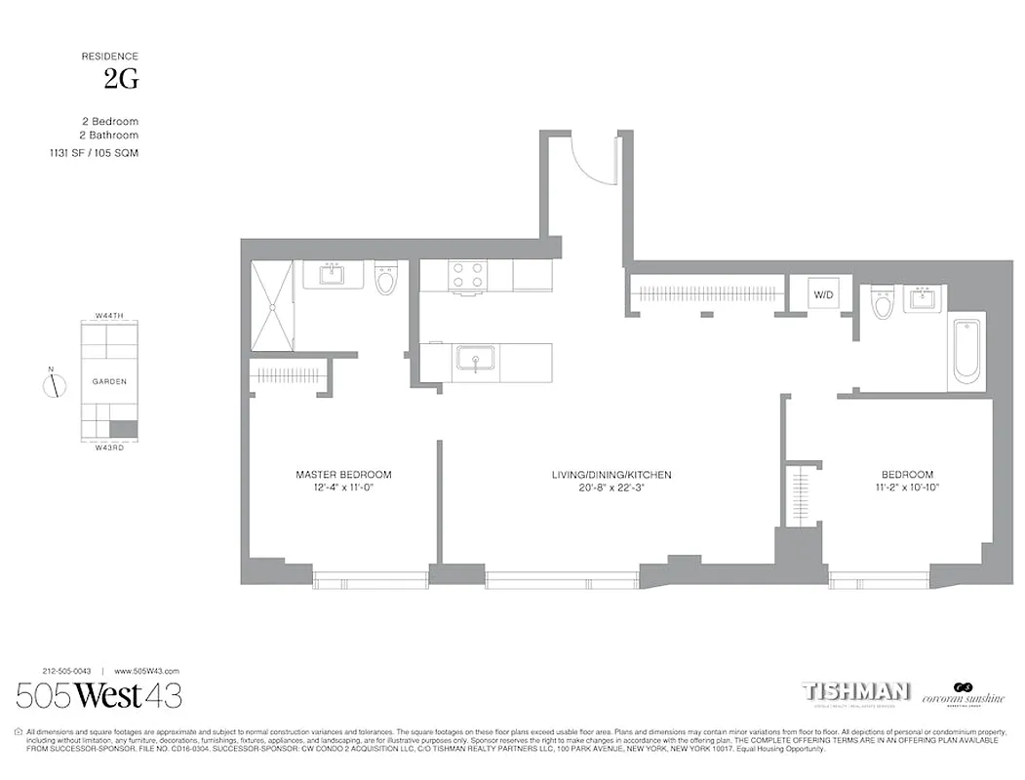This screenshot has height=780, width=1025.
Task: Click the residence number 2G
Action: click(121, 81)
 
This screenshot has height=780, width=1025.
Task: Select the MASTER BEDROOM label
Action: click(343, 475)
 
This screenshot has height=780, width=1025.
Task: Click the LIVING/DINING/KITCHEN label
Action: click(611, 475)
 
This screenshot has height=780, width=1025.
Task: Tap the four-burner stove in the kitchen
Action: click(467, 275)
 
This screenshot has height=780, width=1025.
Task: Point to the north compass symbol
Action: click(54, 384)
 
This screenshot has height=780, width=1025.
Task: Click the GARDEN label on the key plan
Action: click(109, 382)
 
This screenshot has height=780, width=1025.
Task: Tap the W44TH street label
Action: click(109, 316)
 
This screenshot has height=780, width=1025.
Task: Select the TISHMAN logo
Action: click(855, 691)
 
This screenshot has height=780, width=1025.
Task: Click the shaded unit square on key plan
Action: click(123, 428)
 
